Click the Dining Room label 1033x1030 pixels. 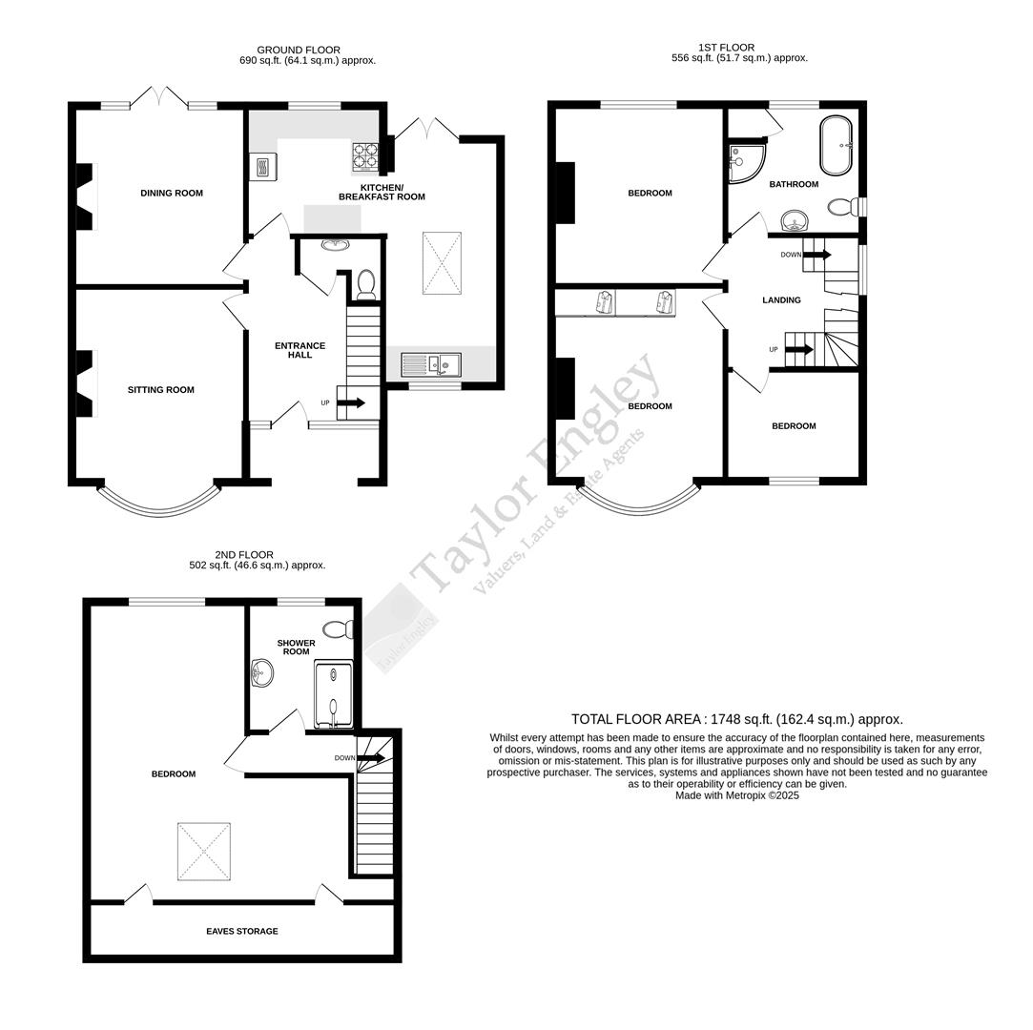(172, 194)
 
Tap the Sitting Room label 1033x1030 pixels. (161, 390)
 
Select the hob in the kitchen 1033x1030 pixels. (365, 154)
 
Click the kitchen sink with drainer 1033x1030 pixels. (430, 363)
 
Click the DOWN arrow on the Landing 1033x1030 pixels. (817, 255)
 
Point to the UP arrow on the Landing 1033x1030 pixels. (799, 350)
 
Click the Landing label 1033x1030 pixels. (781, 300)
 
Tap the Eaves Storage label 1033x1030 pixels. (242, 932)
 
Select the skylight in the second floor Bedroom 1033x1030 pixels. (203, 852)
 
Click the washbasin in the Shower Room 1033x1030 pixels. (261, 673)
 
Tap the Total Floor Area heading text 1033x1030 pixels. (736, 720)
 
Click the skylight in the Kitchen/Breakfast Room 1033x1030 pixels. (442, 263)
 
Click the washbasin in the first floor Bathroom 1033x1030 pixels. (795, 222)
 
